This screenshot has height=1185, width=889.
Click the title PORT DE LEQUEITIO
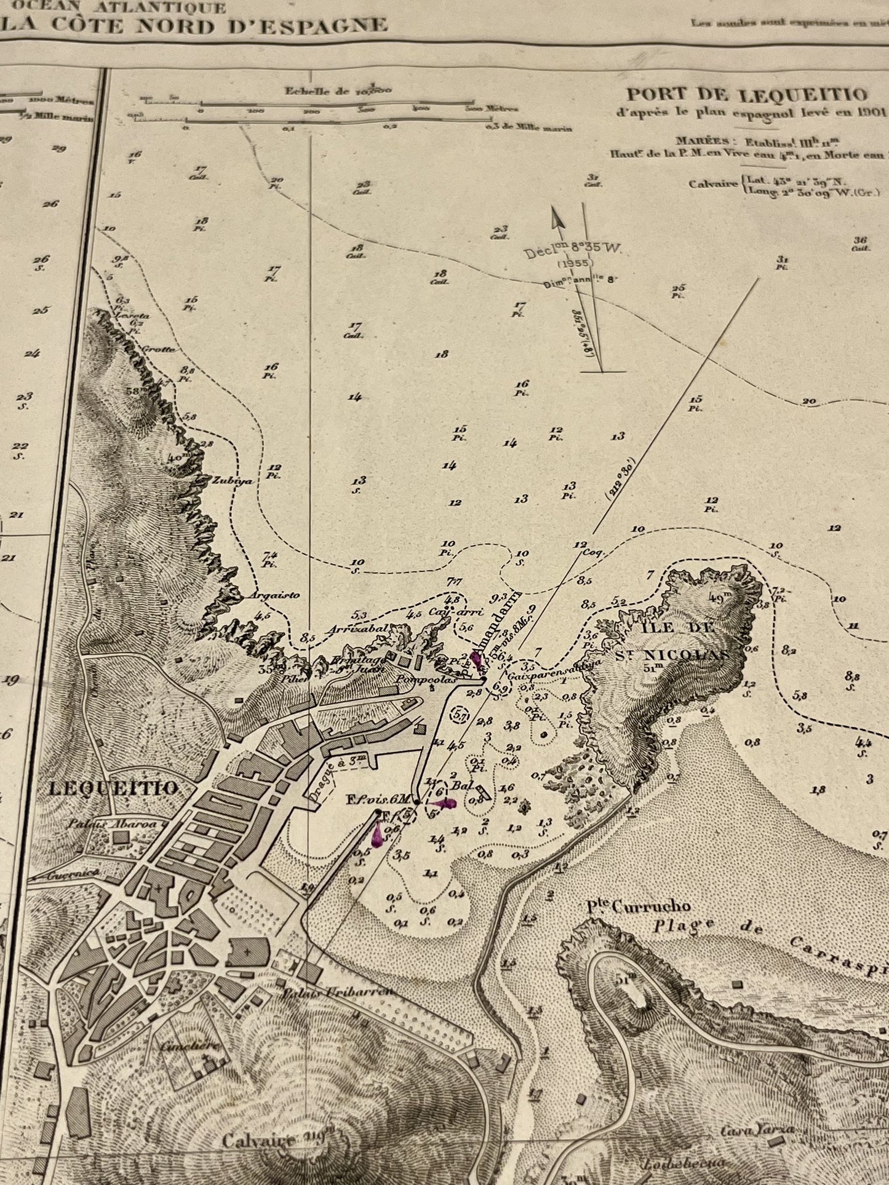[x=747, y=95]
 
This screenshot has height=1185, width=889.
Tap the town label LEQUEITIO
[x=113, y=787]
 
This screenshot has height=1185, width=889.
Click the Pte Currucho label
[x=637, y=906]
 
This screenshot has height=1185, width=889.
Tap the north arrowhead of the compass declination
[x=557, y=218]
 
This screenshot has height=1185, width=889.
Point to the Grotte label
[x=159, y=349]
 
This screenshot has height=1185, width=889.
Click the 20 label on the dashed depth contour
[x=808, y=402]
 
